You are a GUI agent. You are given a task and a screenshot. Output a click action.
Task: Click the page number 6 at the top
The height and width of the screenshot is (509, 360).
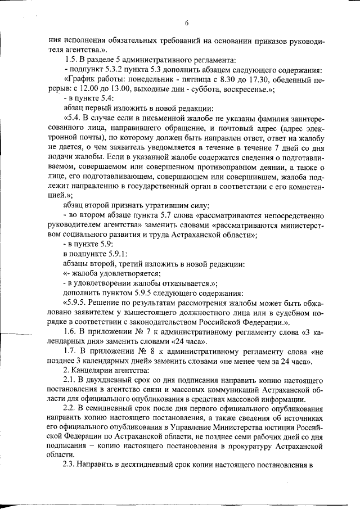tap(186, 22)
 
